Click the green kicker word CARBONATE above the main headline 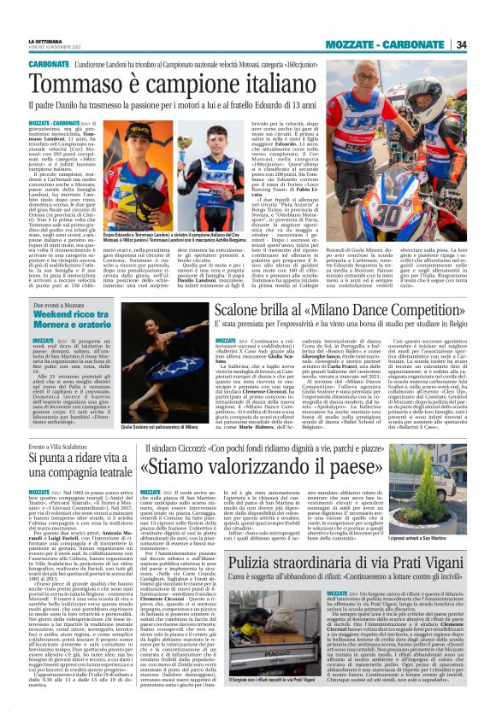48,63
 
